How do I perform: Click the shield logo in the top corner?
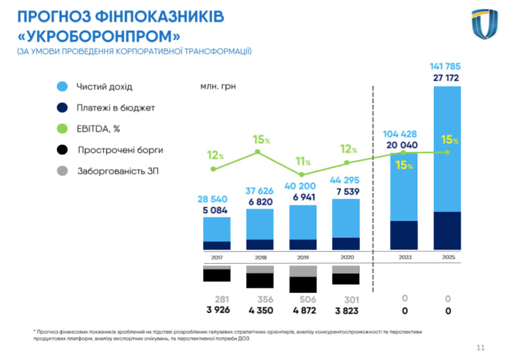[x=484, y=24]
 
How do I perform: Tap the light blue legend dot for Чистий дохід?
[x=62, y=86]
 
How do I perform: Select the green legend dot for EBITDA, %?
[x=62, y=129]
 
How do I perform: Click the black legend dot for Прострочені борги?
[x=62, y=150]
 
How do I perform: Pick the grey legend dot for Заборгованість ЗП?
[x=62, y=171]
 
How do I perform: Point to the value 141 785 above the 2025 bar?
[x=445, y=67]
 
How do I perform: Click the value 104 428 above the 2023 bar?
[x=401, y=134]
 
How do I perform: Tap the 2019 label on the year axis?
[x=302, y=257]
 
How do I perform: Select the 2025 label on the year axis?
[x=448, y=257]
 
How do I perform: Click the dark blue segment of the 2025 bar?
[x=448, y=230]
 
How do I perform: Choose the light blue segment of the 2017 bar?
[x=217, y=229]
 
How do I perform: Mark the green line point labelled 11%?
[x=302, y=175]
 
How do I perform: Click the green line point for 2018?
[x=258, y=152]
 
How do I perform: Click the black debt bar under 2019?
[x=302, y=284]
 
